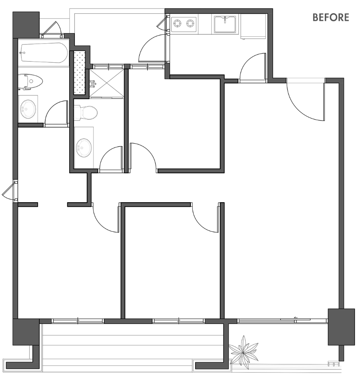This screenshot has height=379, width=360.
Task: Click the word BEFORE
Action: point(331,17)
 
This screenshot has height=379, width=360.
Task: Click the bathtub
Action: point(44,53)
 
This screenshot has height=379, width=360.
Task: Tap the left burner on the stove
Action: point(177,23)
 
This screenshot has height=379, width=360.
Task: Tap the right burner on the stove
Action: point(190,23)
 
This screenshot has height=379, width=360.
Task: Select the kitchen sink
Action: point(225,24)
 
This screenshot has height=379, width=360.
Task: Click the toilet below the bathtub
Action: point(31,82)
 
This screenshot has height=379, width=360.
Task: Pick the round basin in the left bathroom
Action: point(28,109)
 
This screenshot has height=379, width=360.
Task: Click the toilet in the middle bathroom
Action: point(85,112)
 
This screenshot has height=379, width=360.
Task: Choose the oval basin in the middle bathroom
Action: point(84,148)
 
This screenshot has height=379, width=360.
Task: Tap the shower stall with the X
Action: point(107,83)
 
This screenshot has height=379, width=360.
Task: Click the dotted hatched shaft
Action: point(80,72)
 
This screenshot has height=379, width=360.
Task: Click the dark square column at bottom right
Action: point(341,327)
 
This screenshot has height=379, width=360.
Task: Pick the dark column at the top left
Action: point(26,25)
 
